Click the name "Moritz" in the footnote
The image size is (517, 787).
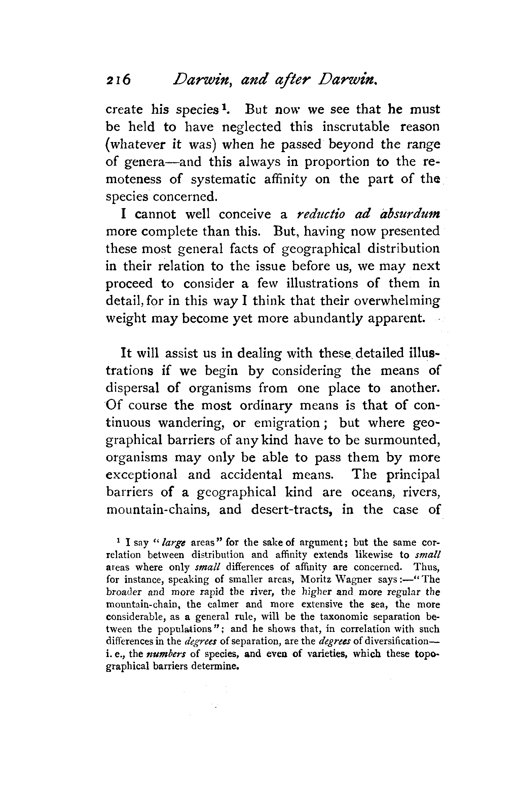point(317,580)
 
